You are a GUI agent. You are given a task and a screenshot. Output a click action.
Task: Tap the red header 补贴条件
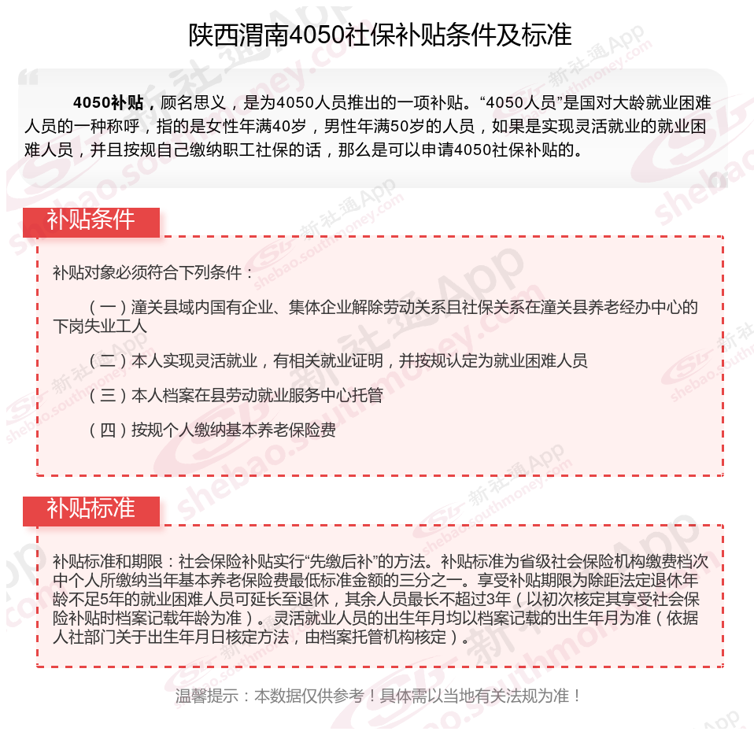91,221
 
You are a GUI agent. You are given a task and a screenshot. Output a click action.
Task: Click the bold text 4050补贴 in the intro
107,103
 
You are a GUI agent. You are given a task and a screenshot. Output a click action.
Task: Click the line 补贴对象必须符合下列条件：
153,273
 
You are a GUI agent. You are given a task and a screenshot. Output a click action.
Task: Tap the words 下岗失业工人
100,326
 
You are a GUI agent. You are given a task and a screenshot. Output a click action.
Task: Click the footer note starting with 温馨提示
379,696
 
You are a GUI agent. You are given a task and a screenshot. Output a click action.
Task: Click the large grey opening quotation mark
28,79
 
